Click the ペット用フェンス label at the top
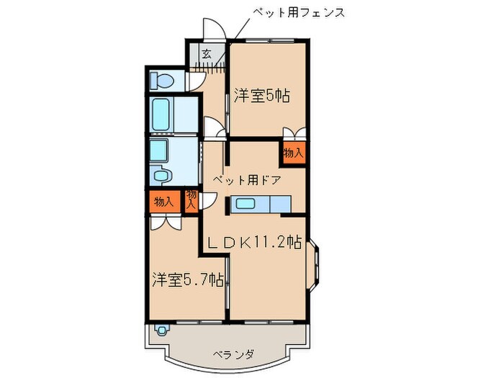point(298,12)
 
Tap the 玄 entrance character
point(207,53)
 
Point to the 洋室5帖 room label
point(261,96)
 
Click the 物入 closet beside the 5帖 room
point(293,153)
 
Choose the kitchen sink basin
point(247,204)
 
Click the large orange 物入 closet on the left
point(163,202)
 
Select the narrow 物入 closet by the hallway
point(192,200)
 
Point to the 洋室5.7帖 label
point(186,280)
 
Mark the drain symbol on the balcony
point(162,332)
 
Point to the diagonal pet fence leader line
point(238,27)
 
